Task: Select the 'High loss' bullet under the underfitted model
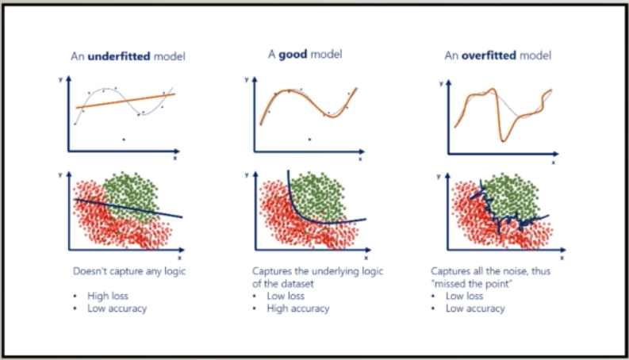tap(109, 296)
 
